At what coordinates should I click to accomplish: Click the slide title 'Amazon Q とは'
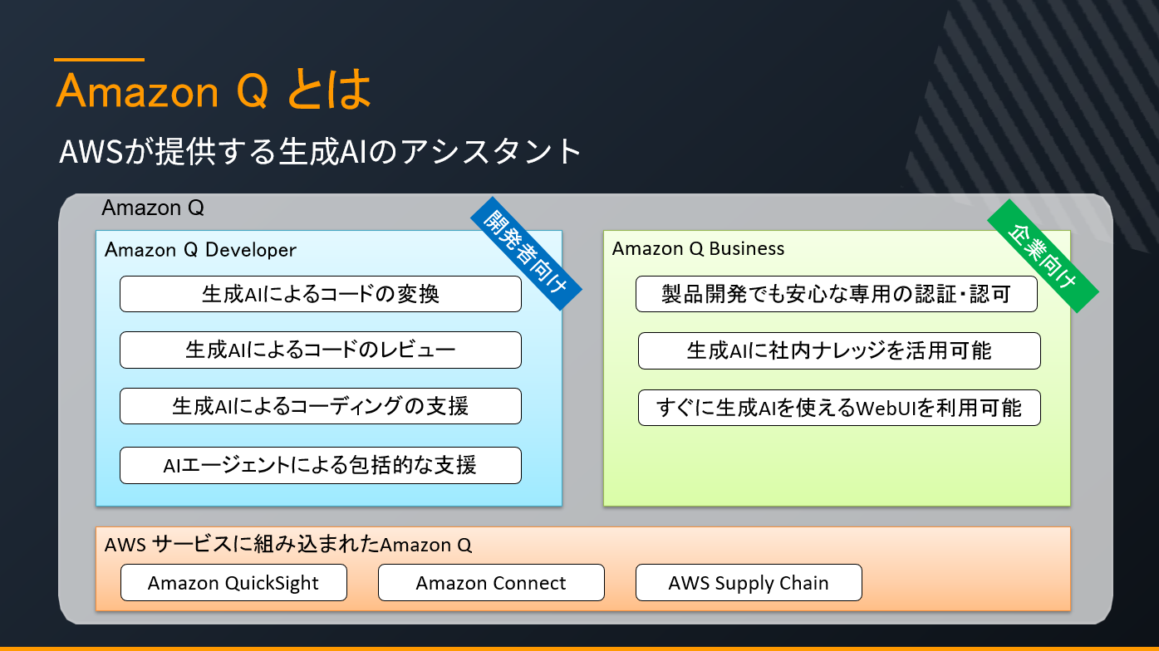pos(214,91)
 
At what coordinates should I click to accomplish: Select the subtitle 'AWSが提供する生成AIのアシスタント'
pos(320,153)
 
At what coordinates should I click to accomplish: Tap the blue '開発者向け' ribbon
pos(525,252)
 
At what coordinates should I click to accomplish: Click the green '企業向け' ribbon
pos(1043,256)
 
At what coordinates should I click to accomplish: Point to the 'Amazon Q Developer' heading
pos(200,250)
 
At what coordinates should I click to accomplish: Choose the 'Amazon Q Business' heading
pos(698,248)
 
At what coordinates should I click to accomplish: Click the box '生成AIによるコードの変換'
pos(320,294)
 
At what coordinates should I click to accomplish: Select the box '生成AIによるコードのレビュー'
pos(320,350)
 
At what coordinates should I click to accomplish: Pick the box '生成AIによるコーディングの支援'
pos(320,406)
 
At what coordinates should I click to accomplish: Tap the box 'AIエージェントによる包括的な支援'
pos(320,465)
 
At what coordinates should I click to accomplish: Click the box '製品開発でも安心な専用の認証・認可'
pos(836,294)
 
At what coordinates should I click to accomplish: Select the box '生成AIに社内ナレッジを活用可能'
pos(839,350)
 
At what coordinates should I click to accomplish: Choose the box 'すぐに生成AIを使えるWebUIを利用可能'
pos(839,408)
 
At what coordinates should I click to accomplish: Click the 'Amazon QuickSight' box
pos(233,583)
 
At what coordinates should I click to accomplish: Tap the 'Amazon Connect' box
pos(491,583)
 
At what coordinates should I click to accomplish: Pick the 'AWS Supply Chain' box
pos(749,583)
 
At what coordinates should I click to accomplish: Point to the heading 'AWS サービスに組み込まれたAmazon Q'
pos(288,546)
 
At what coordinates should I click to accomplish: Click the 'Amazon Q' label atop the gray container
pos(153,208)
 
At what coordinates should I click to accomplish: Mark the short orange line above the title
pos(99,60)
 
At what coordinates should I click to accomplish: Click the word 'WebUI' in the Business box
pos(890,409)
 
